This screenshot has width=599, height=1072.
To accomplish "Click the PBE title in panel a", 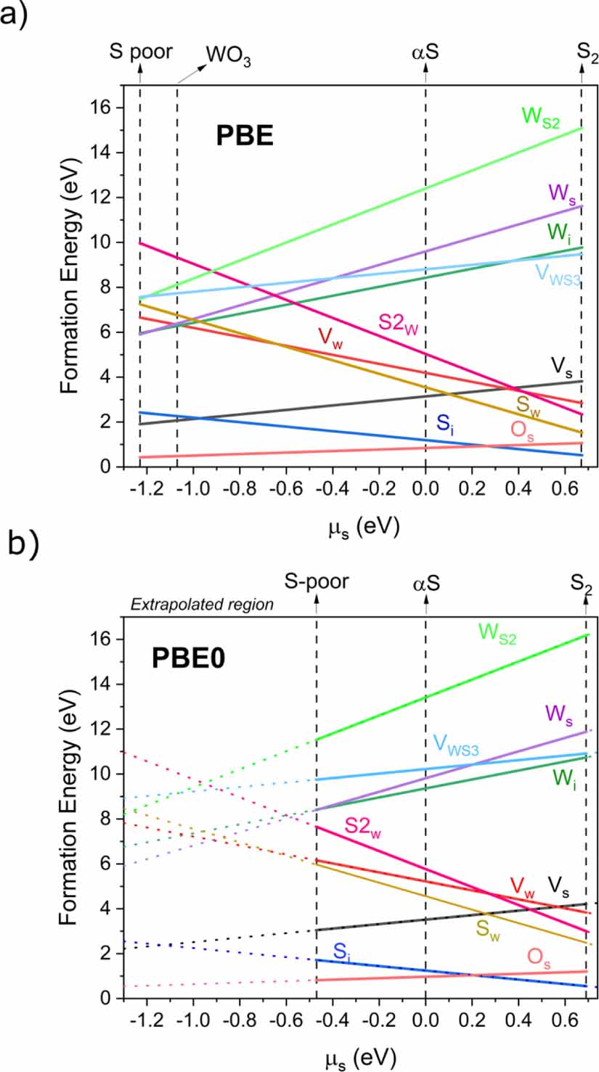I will pyautogui.click(x=244, y=136).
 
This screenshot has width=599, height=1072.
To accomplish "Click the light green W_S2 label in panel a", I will pyautogui.click(x=541, y=117).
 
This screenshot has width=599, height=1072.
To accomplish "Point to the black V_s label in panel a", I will pyautogui.click(x=556, y=366).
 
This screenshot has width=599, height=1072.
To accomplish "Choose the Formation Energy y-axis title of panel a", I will pyautogui.click(x=70, y=287).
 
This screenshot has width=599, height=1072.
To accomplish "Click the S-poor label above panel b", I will pyautogui.click(x=317, y=582).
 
